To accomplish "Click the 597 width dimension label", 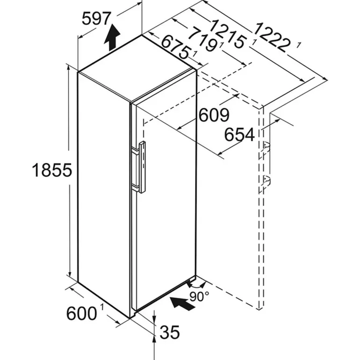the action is click(96, 19).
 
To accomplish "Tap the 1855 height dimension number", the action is click(52, 170).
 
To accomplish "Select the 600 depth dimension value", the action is click(81, 313).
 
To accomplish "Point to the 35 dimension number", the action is click(170, 332).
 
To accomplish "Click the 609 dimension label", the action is click(214, 115).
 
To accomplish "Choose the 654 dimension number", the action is click(239, 135).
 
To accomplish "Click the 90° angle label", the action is click(199, 296).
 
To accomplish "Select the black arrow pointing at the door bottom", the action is click(182, 303).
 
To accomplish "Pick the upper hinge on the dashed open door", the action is click(266, 148).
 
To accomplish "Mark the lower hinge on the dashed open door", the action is click(266, 181).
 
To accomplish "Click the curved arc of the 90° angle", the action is click(195, 286).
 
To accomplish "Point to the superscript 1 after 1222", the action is click(298, 45).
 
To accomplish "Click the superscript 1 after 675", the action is click(194, 54).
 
